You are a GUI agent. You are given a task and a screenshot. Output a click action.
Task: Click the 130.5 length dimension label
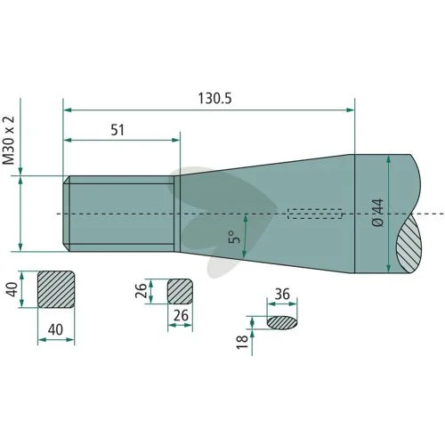tap(214, 99)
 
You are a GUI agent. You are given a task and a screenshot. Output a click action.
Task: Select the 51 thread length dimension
tap(117, 130)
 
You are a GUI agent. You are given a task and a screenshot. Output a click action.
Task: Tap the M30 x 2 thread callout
tap(9, 141)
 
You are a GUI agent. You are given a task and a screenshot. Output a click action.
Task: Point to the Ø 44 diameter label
tap(377, 214)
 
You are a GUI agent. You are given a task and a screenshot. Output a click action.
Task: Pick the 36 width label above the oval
tap(282, 295)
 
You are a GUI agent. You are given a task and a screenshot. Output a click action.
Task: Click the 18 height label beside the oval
tap(242, 342)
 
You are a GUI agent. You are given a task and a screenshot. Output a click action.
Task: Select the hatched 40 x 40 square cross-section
tap(56, 289)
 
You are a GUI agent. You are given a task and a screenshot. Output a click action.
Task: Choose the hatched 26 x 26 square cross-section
tap(180, 291)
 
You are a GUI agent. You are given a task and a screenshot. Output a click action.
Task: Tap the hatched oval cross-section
tap(282, 323)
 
